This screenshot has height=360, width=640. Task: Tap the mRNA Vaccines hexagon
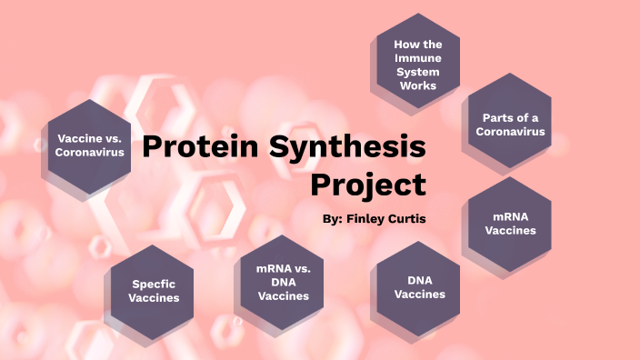(510, 222)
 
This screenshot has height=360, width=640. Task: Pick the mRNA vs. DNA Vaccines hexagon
(284, 283)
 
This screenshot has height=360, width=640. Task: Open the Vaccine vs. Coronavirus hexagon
(89, 145)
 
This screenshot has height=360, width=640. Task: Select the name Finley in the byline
(371, 219)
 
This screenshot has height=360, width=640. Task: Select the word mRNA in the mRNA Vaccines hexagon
(510, 215)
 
